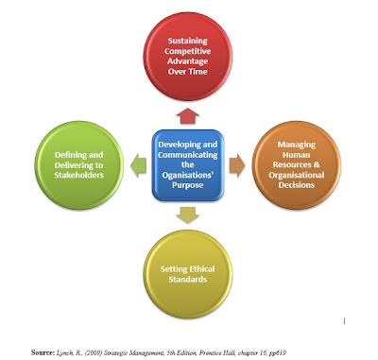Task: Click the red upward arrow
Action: [x=187, y=116]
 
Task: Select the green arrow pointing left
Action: [x=138, y=165]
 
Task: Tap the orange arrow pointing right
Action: [x=237, y=165]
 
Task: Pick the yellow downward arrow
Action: [x=188, y=215]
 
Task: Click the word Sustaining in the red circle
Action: [x=187, y=41]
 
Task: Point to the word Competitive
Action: [x=187, y=51]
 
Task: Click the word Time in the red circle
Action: [x=198, y=72]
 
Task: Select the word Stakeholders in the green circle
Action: [x=78, y=175]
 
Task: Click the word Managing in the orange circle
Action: [x=297, y=145]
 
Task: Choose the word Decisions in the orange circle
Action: [x=297, y=185]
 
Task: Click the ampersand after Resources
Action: [x=317, y=164]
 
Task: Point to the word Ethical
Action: [x=200, y=269]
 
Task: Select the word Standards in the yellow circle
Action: [x=187, y=280]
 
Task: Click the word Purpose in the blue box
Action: [x=187, y=185]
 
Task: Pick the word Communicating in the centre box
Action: [x=188, y=155]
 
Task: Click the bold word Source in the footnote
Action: [x=43, y=352]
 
